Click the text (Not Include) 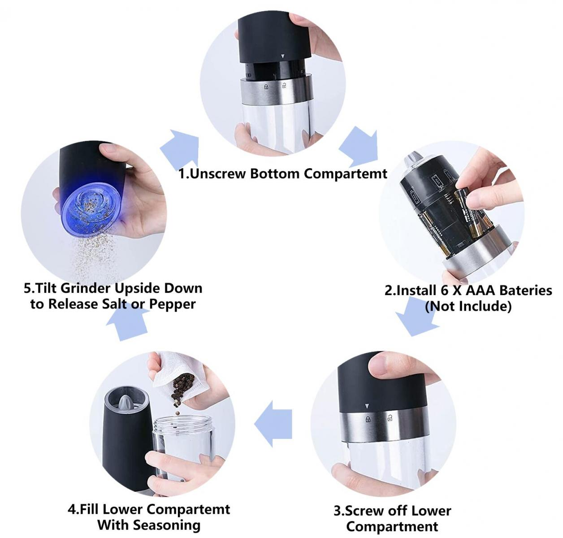tap(468, 306)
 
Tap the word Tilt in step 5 tap(46, 288)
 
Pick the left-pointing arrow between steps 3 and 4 tap(273, 424)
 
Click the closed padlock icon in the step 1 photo tap(266, 87)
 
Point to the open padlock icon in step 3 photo tap(390, 417)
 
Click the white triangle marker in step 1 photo tap(283, 56)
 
